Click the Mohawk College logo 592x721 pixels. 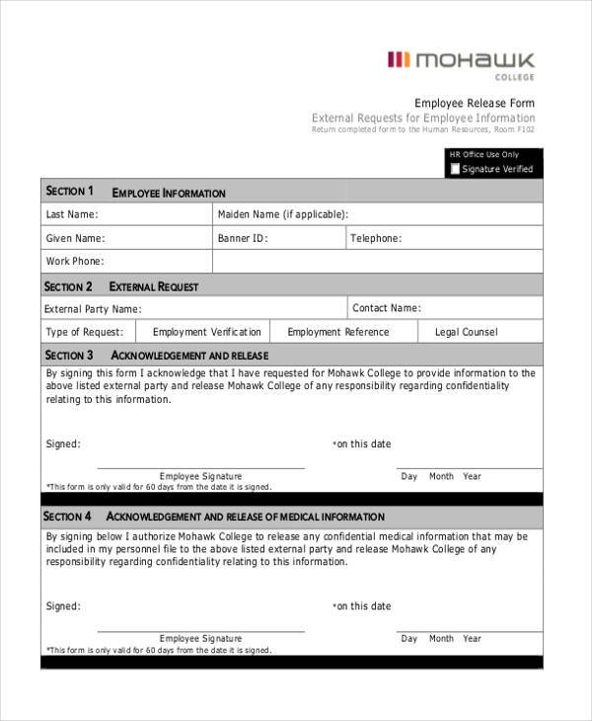(x=461, y=62)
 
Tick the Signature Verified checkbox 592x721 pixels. (x=455, y=169)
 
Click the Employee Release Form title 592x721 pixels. (x=475, y=103)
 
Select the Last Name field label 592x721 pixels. (x=72, y=214)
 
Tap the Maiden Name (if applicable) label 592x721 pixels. (x=282, y=214)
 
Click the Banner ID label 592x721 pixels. (x=243, y=238)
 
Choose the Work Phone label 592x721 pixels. (x=75, y=262)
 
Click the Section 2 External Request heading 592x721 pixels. (x=121, y=286)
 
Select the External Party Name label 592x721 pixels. (x=92, y=309)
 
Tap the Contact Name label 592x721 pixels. (x=387, y=308)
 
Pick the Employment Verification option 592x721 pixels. (x=207, y=332)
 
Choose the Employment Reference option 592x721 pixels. (x=337, y=332)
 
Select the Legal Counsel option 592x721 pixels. (x=466, y=332)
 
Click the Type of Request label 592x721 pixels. (x=85, y=332)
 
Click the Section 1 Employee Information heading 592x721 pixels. (x=135, y=192)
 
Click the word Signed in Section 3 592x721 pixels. (x=63, y=444)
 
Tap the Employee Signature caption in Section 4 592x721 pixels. (x=200, y=638)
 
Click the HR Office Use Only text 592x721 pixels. (x=483, y=155)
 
